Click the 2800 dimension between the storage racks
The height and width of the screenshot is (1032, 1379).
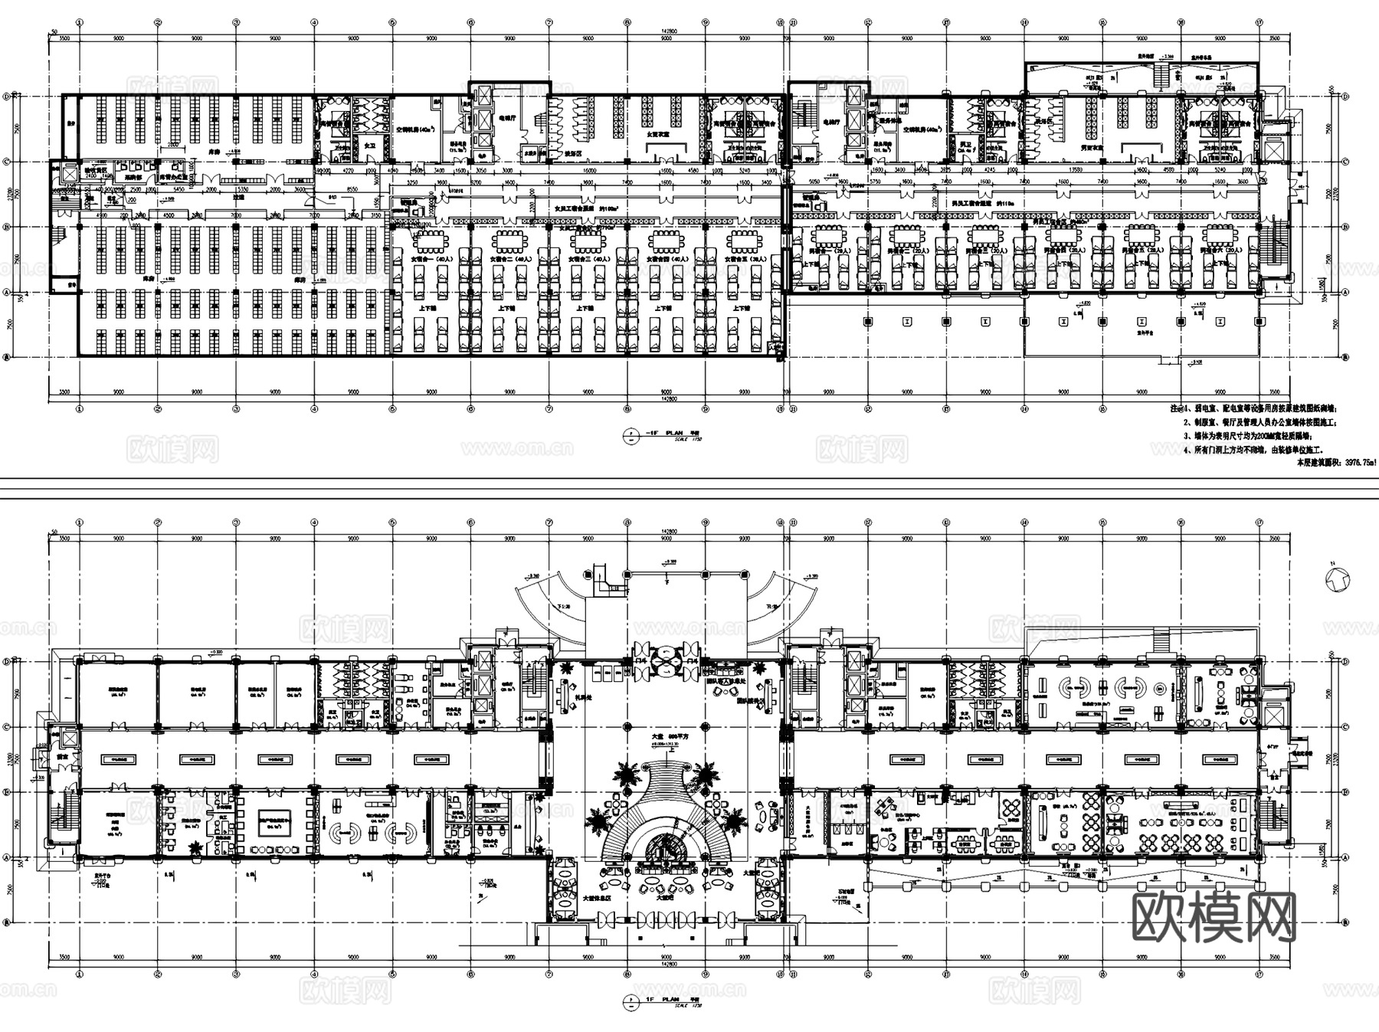[174, 144]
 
